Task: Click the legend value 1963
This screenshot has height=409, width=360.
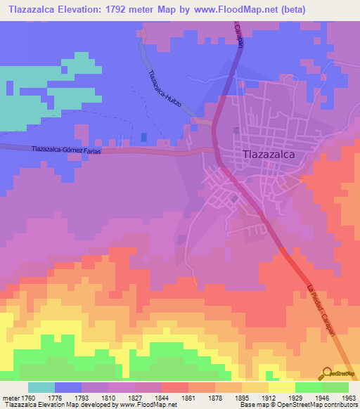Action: click(348, 397)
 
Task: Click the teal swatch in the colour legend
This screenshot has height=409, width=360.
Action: click(41, 387)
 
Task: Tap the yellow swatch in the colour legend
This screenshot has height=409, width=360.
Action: click(281, 387)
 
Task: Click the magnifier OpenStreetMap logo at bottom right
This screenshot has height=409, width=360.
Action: click(328, 373)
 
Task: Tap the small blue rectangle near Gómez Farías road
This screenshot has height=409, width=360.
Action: click(145, 138)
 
